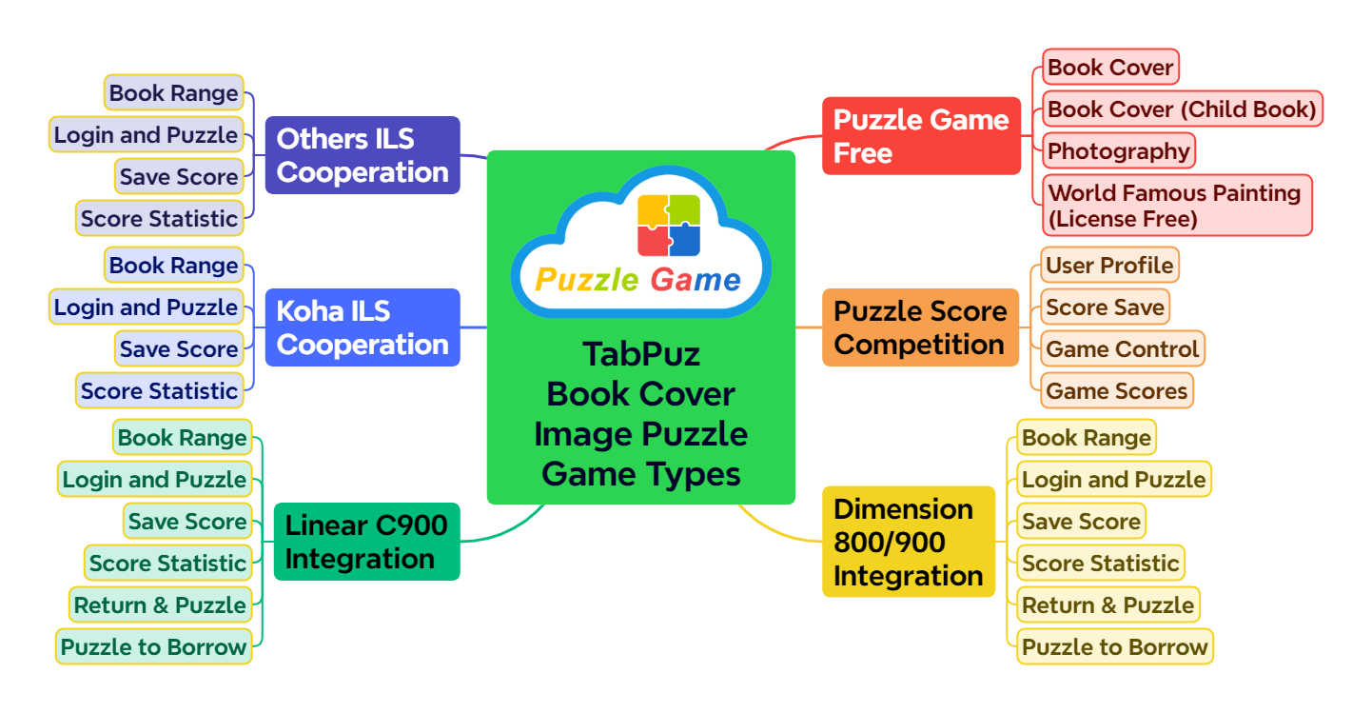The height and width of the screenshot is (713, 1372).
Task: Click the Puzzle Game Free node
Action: [920, 136]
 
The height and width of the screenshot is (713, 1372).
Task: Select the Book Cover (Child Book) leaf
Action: [1181, 109]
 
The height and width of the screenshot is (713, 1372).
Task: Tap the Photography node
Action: [1118, 151]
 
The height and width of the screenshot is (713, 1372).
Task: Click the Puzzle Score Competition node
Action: [919, 327]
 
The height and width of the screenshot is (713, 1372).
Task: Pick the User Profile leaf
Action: [1109, 265]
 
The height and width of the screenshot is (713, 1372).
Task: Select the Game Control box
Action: [1122, 348]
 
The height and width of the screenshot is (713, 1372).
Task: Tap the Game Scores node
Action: [1116, 390]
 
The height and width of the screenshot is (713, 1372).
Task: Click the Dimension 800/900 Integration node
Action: [908, 542]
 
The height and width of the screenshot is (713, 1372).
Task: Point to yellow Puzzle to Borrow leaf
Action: [1114, 646]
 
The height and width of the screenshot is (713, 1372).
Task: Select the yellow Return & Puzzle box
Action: [1107, 604]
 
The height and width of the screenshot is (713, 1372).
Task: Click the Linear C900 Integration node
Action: [366, 541]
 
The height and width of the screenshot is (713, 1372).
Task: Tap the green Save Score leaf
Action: [186, 521]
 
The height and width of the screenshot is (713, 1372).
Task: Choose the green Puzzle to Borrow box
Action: [154, 646]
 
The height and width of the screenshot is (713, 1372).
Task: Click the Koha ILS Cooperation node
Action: [362, 327]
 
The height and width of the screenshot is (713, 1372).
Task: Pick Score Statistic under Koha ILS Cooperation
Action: [159, 390]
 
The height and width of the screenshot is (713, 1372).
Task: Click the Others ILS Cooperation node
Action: [362, 155]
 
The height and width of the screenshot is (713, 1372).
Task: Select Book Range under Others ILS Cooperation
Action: [173, 93]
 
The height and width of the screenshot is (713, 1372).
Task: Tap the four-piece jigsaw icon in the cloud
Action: [669, 226]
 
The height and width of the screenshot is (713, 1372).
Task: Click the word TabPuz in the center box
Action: [641, 354]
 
